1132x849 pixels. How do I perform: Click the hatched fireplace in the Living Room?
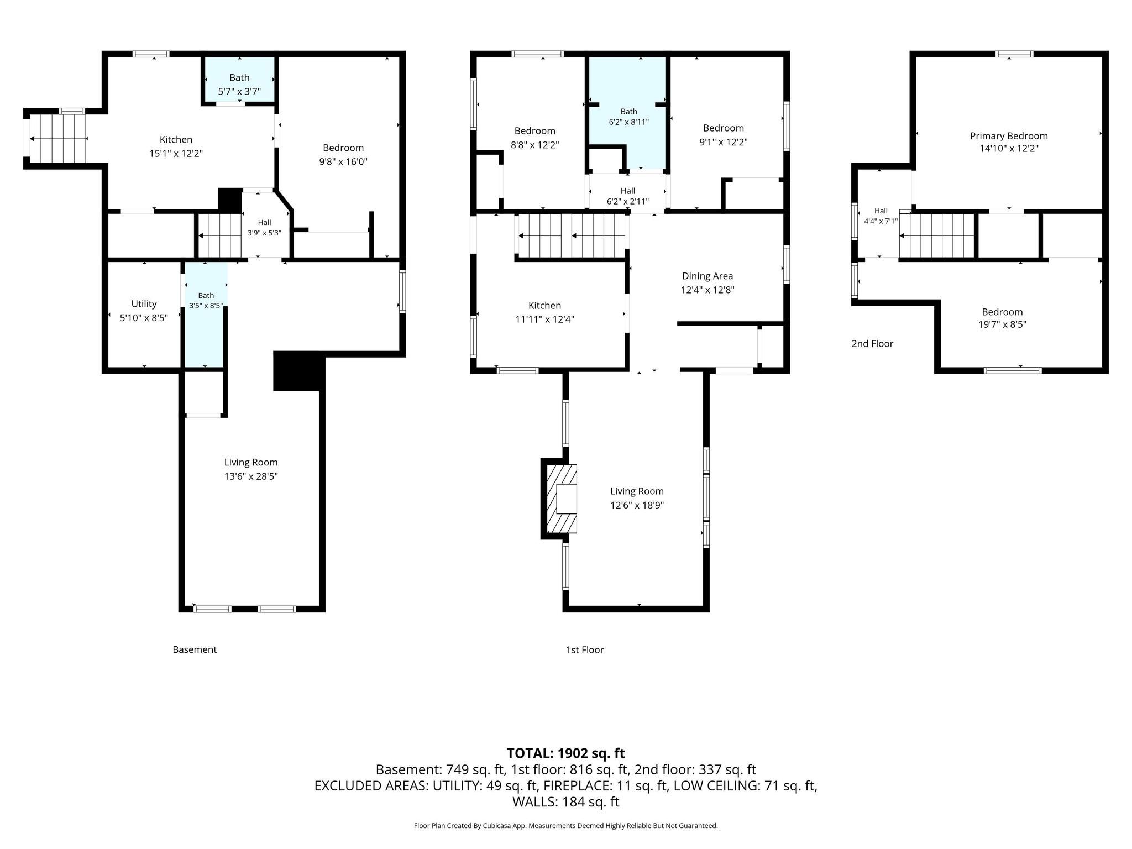pyautogui.click(x=562, y=499)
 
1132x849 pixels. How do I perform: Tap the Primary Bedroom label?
pyautogui.click(x=1009, y=136)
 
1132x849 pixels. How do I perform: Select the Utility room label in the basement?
pyautogui.click(x=144, y=304)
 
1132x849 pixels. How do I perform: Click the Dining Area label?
pyautogui.click(x=707, y=276)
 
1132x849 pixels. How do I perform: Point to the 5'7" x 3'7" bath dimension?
pyautogui.click(x=239, y=91)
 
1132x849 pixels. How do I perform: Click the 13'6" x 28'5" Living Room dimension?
pyautogui.click(x=251, y=476)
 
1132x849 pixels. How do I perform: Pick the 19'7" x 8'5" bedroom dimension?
pyautogui.click(x=1002, y=325)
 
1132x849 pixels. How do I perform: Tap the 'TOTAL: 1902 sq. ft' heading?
pyautogui.click(x=566, y=753)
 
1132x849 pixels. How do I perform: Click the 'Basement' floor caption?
pyautogui.click(x=195, y=649)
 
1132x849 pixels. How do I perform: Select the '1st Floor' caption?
pyautogui.click(x=585, y=649)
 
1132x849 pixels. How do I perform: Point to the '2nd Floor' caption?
pyautogui.click(x=872, y=344)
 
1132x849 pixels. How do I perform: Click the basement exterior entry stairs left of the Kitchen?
pyautogui.click(x=58, y=138)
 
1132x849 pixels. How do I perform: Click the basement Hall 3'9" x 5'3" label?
pyautogui.click(x=264, y=228)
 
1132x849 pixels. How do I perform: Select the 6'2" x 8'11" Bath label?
pyautogui.click(x=628, y=117)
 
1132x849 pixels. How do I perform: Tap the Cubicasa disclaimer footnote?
pyautogui.click(x=566, y=826)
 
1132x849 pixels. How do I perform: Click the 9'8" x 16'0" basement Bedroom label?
pyautogui.click(x=343, y=155)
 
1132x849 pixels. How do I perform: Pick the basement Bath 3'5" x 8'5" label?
pyautogui.click(x=206, y=300)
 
